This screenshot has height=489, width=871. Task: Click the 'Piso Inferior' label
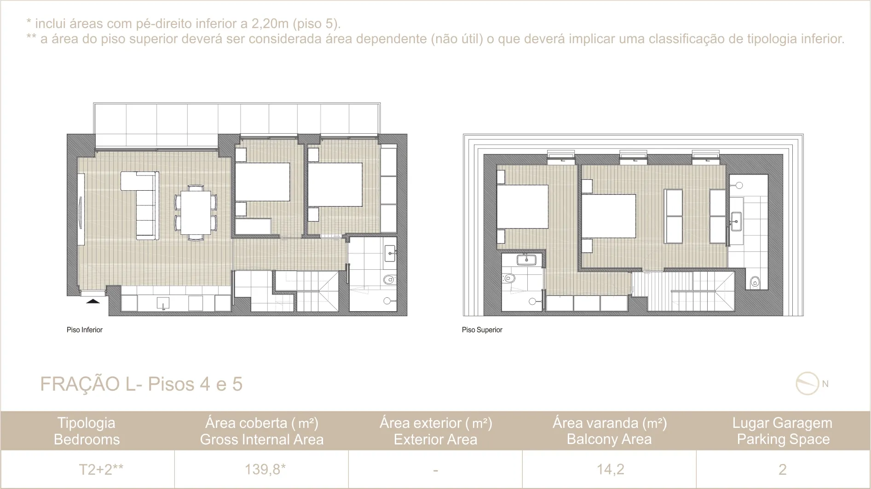(85, 330)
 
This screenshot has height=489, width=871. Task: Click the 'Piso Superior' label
(482, 330)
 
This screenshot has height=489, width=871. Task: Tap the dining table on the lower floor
(196, 213)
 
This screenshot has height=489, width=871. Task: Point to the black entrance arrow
(93, 301)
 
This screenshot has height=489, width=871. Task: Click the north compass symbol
(808, 384)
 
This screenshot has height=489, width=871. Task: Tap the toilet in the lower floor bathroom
(389, 279)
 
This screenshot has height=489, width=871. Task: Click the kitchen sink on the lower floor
(163, 303)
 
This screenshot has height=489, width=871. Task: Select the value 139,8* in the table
(265, 469)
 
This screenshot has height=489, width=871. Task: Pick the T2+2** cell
(101, 469)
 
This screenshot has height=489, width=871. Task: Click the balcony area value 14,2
(610, 469)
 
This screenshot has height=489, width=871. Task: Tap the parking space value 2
(782, 469)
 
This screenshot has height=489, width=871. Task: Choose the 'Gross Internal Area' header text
(262, 439)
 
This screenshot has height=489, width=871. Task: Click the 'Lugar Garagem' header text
(782, 423)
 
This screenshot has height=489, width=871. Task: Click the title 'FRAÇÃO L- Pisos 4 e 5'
(141, 384)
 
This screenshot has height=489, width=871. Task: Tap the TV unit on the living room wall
(81, 210)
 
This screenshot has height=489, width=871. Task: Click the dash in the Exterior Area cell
(435, 470)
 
